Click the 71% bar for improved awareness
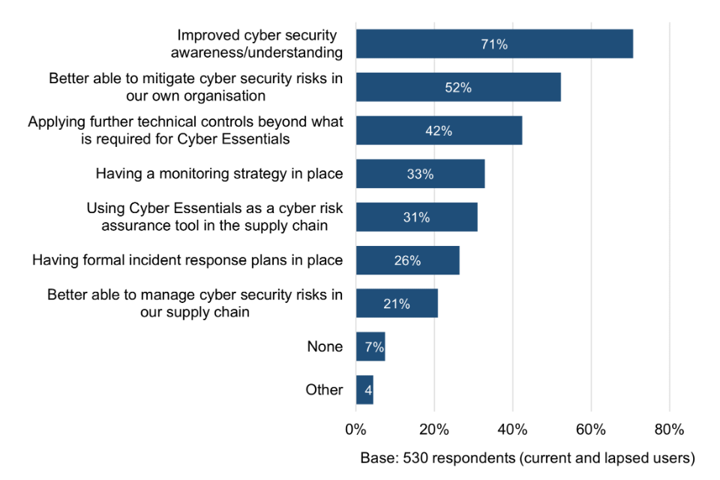[x=494, y=44]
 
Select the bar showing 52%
[x=458, y=88]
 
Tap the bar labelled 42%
[x=439, y=130]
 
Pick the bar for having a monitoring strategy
[x=420, y=174]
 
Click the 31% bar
[x=416, y=217]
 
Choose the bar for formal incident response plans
[x=407, y=261]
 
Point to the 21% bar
[x=397, y=304]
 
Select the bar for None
[x=370, y=347]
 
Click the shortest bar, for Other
[x=364, y=390]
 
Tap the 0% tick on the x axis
[x=355, y=430]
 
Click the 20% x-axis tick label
[x=434, y=430]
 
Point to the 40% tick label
[x=512, y=430]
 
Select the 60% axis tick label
[x=591, y=430]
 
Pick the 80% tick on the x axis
[x=669, y=430]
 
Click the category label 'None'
[x=325, y=347]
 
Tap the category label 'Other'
[x=324, y=390]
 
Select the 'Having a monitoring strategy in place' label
[x=219, y=174]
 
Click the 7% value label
[x=374, y=347]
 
